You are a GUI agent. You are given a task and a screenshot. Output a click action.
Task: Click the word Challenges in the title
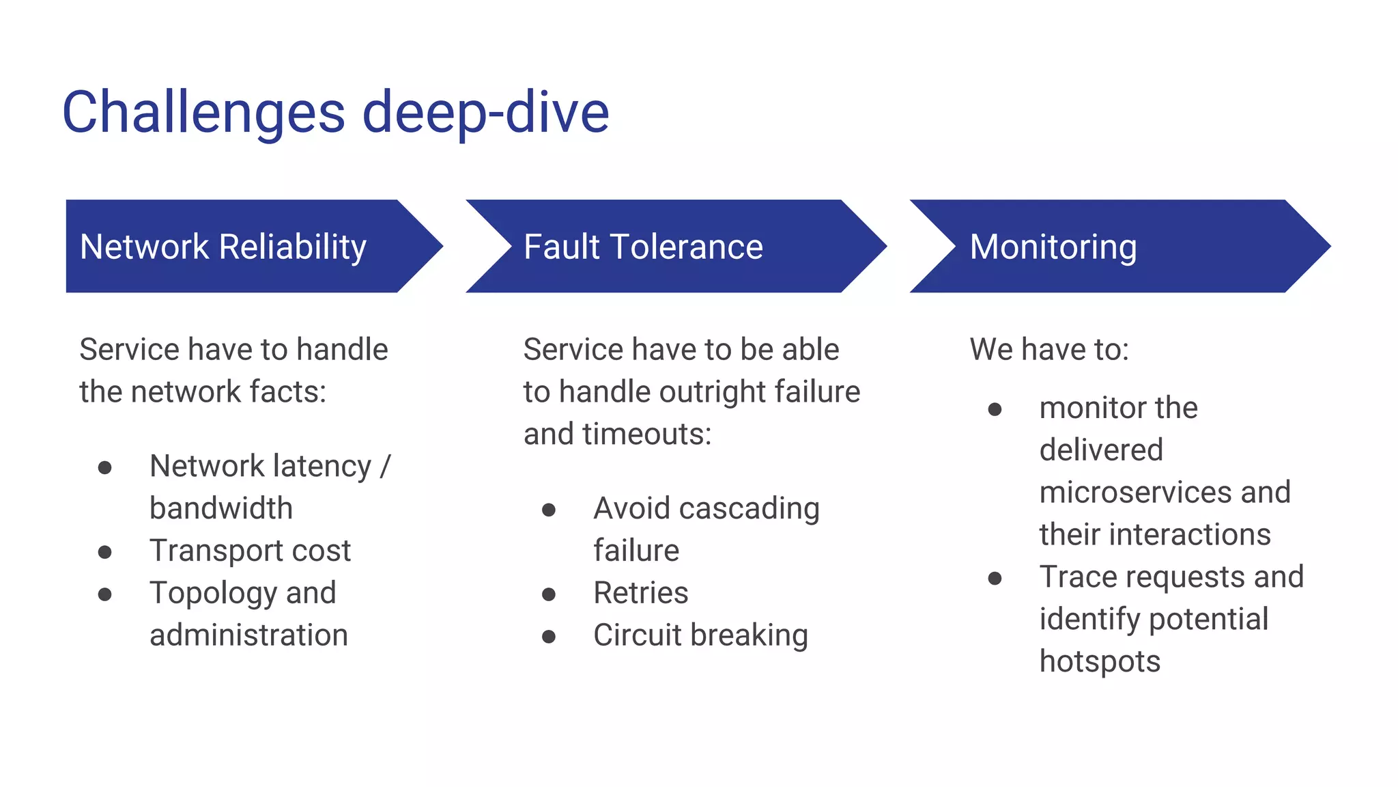[203, 113]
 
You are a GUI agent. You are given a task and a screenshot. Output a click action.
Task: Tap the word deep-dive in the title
[485, 113]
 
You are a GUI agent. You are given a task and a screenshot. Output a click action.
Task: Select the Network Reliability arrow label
[223, 247]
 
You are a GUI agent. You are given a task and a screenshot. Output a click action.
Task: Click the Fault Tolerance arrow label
[643, 247]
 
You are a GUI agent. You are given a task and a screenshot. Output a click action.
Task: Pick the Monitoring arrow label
[1053, 247]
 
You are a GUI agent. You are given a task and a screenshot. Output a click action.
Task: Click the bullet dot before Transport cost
[104, 552]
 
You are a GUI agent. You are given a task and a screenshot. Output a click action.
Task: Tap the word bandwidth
[221, 508]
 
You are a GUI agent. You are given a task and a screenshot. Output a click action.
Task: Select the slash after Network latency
[385, 466]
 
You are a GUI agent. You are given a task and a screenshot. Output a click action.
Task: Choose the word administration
[248, 635]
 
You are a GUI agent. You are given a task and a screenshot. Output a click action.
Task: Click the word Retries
[640, 593]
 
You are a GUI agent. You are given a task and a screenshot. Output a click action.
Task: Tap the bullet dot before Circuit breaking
[549, 637]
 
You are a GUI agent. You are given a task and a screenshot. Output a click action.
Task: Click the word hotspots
[1100, 661]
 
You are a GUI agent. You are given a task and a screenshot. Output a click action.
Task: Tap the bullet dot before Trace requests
[995, 579]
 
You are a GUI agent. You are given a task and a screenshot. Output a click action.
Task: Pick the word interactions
[1190, 534]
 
